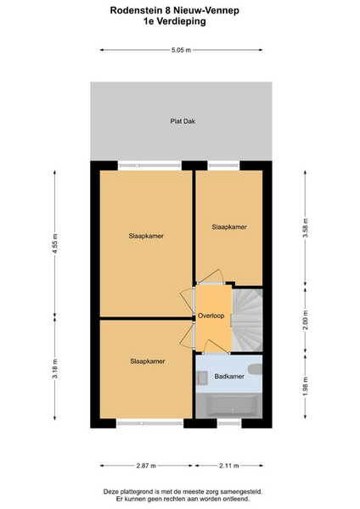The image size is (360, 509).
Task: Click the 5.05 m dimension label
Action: coord(182,50)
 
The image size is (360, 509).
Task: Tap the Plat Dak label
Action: coord(183,121)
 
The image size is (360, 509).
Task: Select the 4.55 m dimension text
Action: coord(55,243)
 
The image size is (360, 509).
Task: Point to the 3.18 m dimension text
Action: coord(55,368)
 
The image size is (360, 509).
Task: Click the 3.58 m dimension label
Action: coord(305,228)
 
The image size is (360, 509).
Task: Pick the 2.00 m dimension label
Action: coord(305,320)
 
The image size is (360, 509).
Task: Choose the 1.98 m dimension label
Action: coord(305,386)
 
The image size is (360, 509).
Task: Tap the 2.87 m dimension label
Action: coord(146,466)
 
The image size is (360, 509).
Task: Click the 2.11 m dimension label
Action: coord(228,466)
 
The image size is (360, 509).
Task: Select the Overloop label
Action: coord(211,316)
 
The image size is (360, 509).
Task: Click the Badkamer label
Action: coord(229,376)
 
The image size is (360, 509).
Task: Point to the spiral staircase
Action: coord(247,320)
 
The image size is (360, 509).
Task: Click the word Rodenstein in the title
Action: coord(135,10)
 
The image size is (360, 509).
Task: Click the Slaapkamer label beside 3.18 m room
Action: coord(148,361)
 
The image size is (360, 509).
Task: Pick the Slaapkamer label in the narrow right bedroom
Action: coord(229,227)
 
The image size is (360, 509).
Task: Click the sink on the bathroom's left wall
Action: coord(202,378)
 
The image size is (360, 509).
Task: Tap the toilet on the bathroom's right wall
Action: coord(256,369)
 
